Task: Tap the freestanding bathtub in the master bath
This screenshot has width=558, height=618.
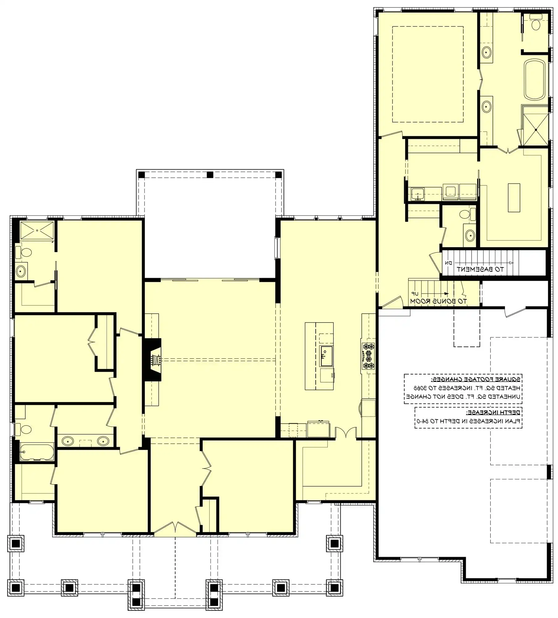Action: pos(535,79)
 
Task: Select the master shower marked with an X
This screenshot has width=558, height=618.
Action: pos(536,130)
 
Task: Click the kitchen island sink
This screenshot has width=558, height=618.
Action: pos(326,352)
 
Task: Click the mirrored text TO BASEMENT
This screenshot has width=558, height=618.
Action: pos(480,269)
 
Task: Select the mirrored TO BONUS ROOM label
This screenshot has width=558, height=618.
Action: pos(438,301)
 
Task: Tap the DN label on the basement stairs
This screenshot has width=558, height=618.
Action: pos(448,263)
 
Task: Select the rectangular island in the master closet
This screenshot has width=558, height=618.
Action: pos(514,198)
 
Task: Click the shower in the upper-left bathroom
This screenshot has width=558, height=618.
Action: pos(37,230)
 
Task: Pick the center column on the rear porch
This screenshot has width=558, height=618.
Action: pos(210,175)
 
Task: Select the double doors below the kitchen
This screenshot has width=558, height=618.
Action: pos(346,433)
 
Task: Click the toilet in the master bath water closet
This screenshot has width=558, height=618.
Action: pos(536,23)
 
